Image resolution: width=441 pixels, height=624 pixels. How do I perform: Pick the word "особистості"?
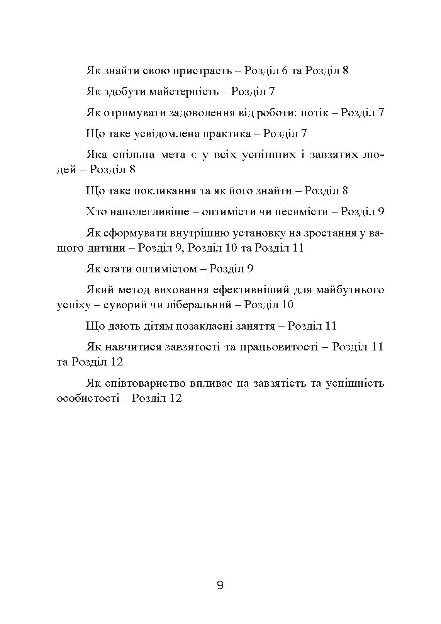88,398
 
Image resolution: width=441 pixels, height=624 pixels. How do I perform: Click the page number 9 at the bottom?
220,585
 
